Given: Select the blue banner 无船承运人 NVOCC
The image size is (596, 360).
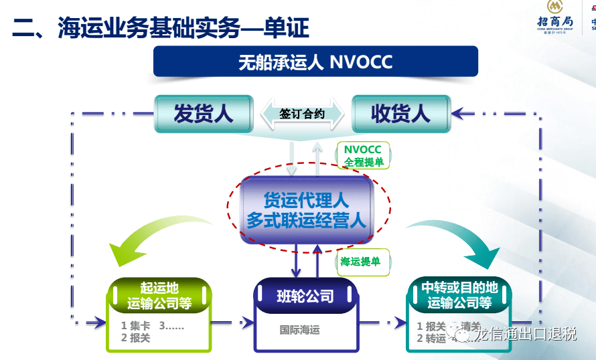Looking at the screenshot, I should (315, 63).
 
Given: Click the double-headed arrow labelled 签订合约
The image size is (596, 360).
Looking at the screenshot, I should (302, 114).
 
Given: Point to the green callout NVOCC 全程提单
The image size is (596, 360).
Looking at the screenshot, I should (363, 155).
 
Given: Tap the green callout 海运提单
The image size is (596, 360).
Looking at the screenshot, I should (360, 261).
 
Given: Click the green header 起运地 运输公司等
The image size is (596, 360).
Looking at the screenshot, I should (159, 295).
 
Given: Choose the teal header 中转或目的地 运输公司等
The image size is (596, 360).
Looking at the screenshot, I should (459, 295).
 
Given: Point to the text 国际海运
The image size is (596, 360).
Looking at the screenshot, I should (300, 330).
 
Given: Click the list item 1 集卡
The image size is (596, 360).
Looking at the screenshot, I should (135, 326).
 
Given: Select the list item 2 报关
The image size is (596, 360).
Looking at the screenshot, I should (135, 339).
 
